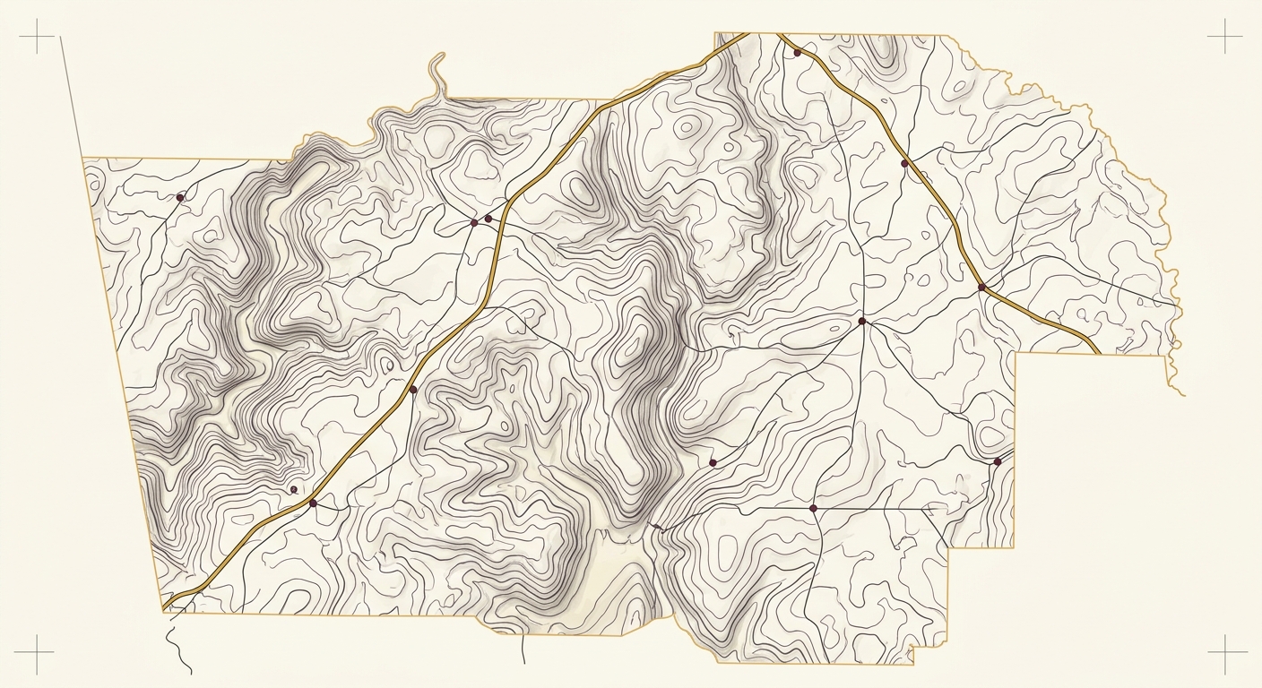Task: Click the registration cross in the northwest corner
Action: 37,37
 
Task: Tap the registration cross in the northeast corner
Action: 1224,37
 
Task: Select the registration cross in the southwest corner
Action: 34,654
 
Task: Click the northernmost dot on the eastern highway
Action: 797,53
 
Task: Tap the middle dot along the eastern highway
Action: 904,163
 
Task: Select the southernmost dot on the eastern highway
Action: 981,287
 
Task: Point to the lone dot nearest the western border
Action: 180,197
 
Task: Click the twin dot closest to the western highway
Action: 488,218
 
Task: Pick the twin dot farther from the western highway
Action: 474,222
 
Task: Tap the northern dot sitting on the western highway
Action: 413,390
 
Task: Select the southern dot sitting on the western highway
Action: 313,503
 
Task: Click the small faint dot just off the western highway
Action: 293,489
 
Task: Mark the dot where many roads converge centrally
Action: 861,321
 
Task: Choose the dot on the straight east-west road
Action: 813,508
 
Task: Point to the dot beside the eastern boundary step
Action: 997,461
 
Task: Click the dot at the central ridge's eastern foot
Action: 713,462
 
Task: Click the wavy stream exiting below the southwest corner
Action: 179,645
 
